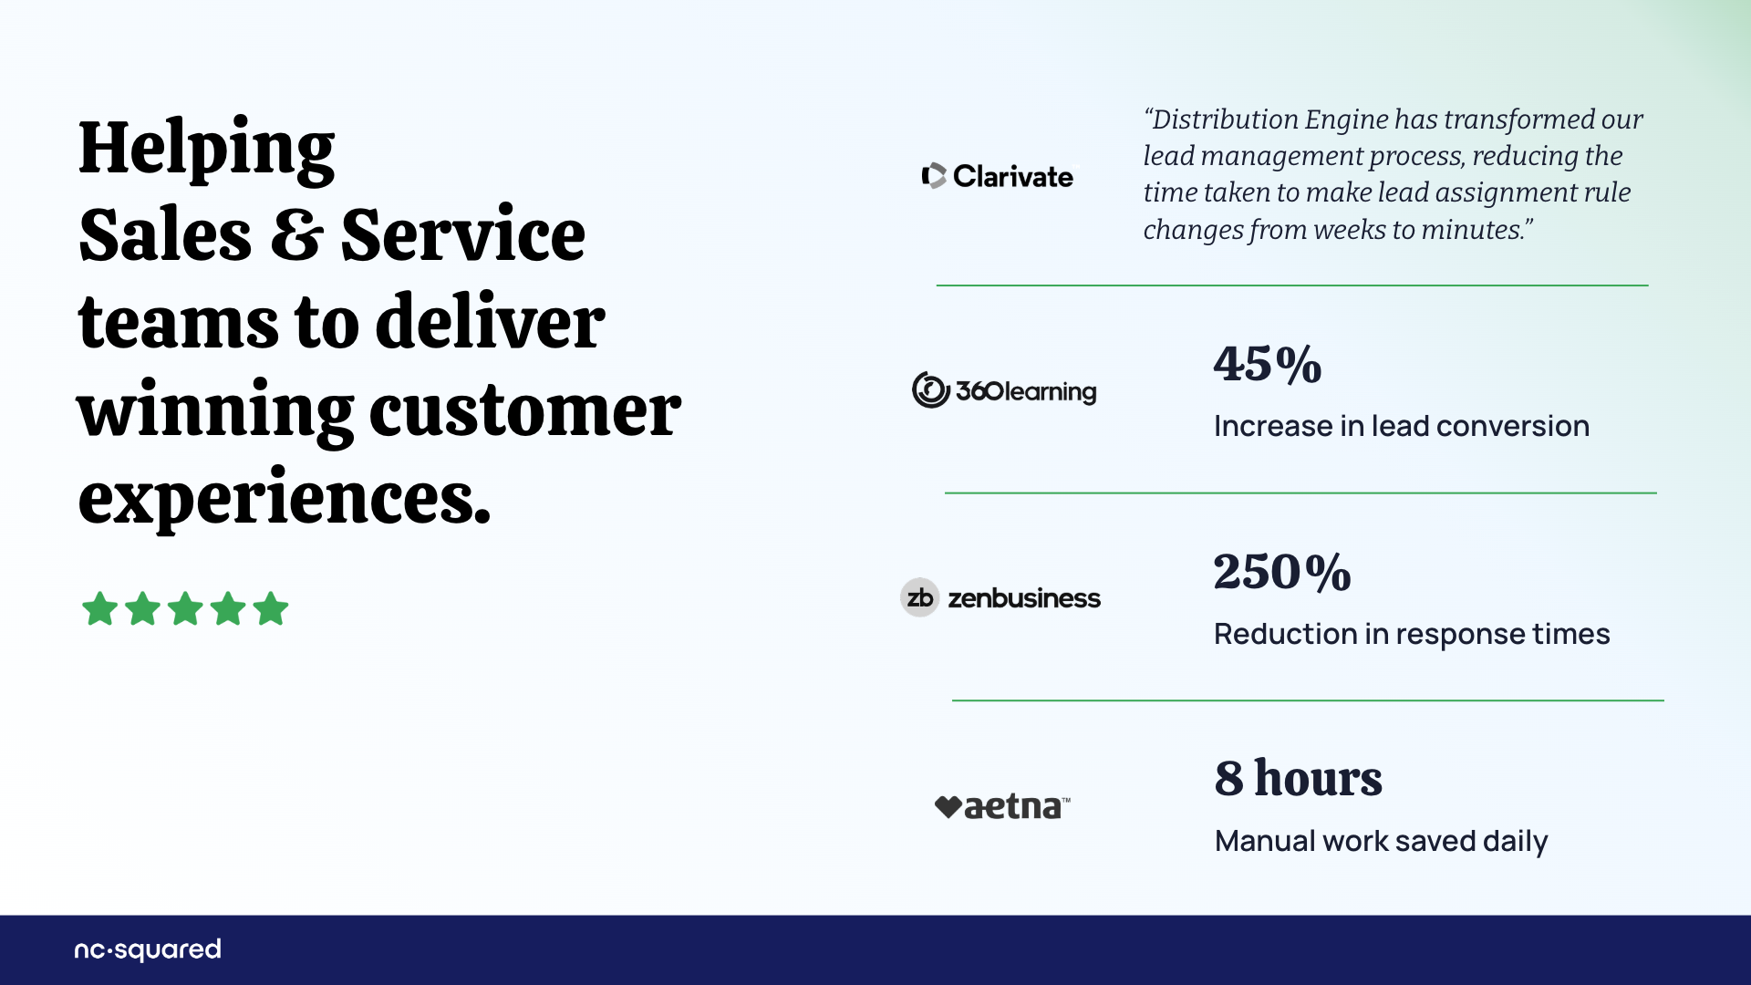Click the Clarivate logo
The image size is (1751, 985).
click(999, 175)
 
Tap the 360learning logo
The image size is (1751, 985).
click(1004, 390)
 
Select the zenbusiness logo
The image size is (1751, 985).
click(1000, 597)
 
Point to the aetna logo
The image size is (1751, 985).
click(1002, 806)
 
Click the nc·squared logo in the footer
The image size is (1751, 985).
click(148, 949)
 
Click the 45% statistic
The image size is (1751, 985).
click(1268, 364)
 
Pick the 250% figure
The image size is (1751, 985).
click(1282, 572)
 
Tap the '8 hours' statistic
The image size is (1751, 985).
click(1298, 778)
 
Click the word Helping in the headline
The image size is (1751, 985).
click(207, 150)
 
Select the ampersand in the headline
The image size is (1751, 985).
click(296, 234)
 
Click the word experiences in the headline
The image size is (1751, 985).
click(285, 498)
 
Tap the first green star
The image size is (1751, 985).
click(99, 608)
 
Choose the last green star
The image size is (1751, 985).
click(271, 608)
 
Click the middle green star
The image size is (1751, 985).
click(185, 608)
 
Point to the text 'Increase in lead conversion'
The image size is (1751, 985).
click(1402, 426)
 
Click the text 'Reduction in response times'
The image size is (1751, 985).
click(1412, 634)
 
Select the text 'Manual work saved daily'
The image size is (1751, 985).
click(1381, 841)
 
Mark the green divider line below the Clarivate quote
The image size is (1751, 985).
click(1292, 285)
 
